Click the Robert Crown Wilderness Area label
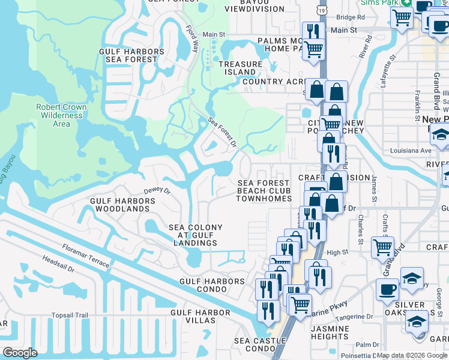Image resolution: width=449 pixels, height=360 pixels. click(61, 115)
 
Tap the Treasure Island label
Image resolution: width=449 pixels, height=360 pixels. click(240, 68)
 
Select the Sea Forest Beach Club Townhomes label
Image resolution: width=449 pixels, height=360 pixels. click(264, 191)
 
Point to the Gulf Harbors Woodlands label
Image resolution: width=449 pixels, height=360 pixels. click(119, 205)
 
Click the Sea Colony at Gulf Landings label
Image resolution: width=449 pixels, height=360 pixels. click(196, 235)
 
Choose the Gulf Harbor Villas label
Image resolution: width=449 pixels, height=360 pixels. click(200, 316)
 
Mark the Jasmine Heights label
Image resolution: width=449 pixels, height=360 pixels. click(330, 333)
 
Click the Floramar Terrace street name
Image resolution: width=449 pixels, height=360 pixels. click(86, 256)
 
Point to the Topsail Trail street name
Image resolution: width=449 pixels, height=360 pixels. click(70, 315)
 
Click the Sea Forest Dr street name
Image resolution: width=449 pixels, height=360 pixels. click(223, 132)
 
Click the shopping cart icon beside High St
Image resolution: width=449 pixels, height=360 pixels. click(382, 247)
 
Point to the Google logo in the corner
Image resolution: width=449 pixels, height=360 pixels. click(20, 352)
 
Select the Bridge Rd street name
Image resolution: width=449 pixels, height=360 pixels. click(351, 18)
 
